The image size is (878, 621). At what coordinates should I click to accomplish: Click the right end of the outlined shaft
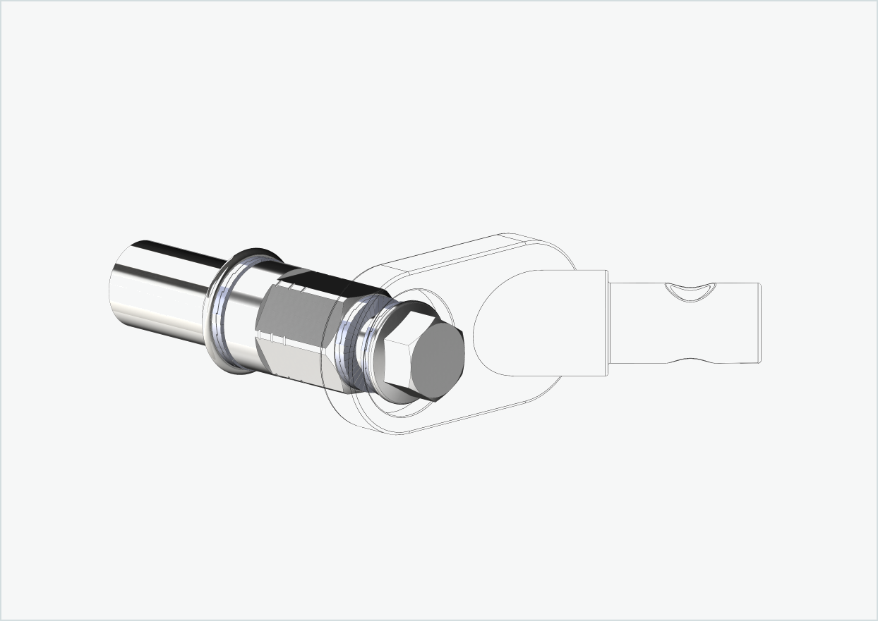tap(759, 324)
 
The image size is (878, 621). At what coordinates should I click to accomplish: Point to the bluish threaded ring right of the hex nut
tap(350, 345)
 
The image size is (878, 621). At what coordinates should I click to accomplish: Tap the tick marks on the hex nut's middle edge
tap(279, 338)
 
